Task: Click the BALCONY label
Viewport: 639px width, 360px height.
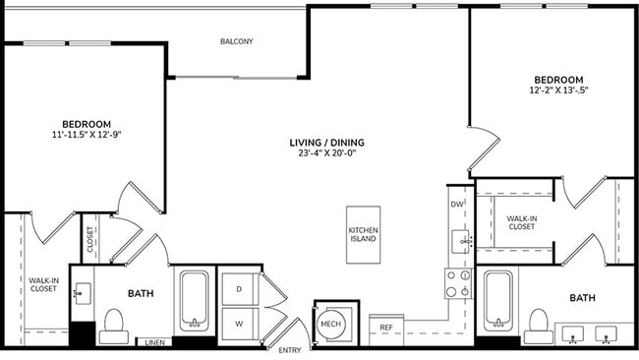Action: tap(236, 41)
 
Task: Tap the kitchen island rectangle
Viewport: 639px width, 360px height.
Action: tap(363, 234)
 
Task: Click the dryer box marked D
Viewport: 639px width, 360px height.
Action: tap(239, 287)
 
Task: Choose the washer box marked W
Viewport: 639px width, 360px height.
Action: tap(239, 322)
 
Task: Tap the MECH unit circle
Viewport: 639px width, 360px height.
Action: tap(329, 324)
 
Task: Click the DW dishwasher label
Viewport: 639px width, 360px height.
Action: tap(456, 205)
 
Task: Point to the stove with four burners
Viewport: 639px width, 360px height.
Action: tap(458, 284)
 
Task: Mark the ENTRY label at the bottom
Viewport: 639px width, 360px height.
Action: tap(290, 350)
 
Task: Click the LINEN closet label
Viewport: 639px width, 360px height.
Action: tap(154, 342)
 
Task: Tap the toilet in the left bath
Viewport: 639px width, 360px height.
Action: tap(114, 324)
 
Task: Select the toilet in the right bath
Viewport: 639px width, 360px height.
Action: tap(537, 324)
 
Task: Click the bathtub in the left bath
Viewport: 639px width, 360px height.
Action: tap(194, 300)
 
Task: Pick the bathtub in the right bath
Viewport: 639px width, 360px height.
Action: tap(498, 300)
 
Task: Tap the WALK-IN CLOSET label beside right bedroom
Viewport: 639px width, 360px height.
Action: tap(521, 221)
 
